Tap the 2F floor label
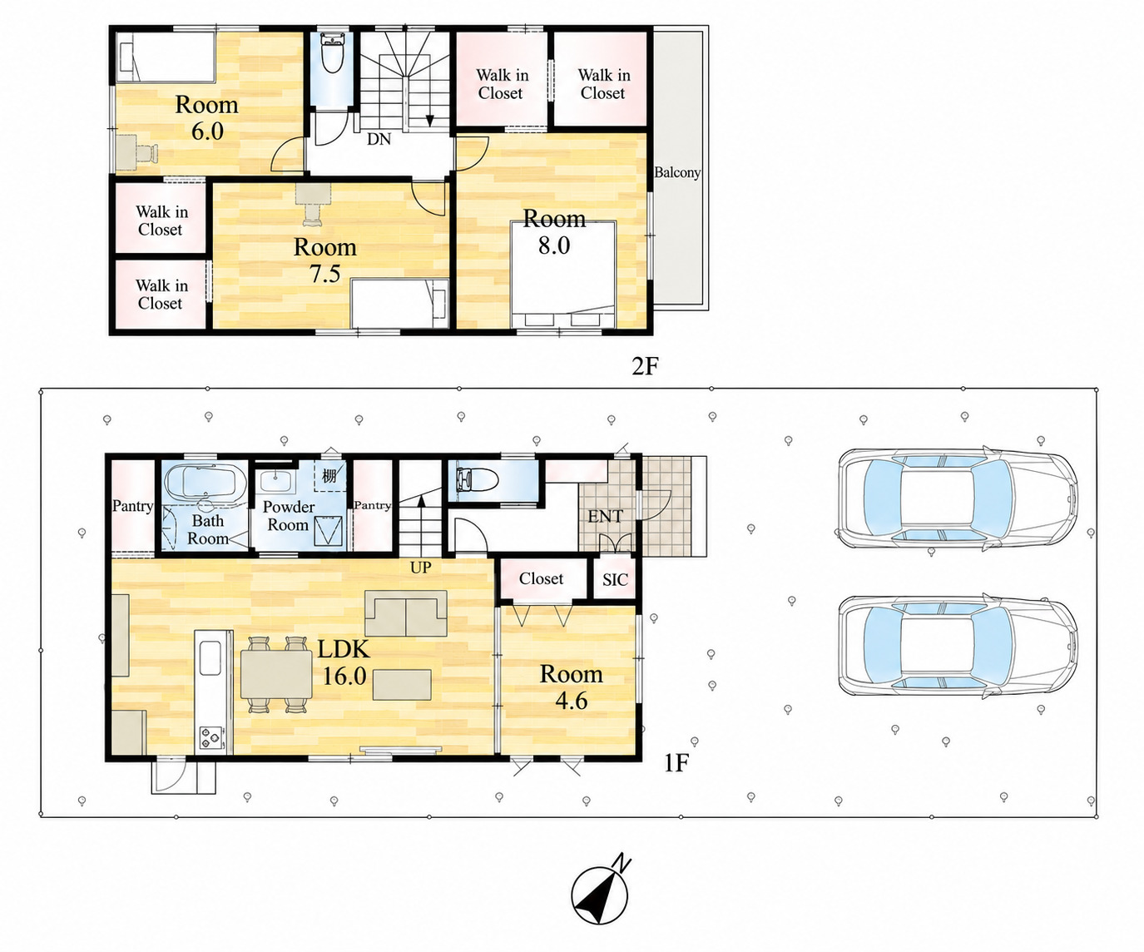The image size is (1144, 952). tap(644, 366)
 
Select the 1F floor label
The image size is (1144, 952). tap(676, 763)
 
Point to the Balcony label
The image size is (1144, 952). tap(677, 172)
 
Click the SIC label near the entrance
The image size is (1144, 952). tap(616, 580)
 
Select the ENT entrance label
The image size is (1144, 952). tap(606, 516)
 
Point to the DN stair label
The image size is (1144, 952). tap(379, 139)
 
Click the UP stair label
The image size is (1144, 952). tap(421, 568)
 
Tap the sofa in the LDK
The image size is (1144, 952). tap(406, 612)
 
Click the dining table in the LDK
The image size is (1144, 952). tap(277, 675)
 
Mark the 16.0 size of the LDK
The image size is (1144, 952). tap(344, 676)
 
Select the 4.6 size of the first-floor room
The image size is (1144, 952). tap(572, 701)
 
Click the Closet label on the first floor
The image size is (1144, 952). tap(541, 578)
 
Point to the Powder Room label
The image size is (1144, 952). tap(288, 516)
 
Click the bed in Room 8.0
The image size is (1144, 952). tap(563, 275)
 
